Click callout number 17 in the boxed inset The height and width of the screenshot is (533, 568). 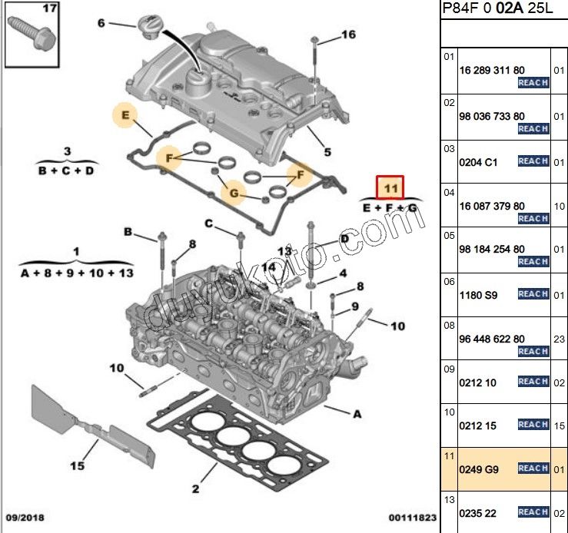point(50,9)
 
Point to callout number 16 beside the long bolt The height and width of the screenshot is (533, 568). point(348,35)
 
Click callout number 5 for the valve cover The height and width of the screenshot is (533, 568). point(327,152)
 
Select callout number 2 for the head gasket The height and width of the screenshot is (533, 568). point(195,488)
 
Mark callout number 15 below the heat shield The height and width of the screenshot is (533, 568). point(77,465)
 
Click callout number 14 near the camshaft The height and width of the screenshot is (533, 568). point(267,267)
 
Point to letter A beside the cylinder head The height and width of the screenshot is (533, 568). point(357,414)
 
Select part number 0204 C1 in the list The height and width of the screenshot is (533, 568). point(477,162)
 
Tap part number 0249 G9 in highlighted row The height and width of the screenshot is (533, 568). point(477,468)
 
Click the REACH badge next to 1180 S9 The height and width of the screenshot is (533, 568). point(533,293)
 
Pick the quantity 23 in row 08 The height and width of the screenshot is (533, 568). point(560,339)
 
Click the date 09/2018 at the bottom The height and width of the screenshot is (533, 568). point(26,518)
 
